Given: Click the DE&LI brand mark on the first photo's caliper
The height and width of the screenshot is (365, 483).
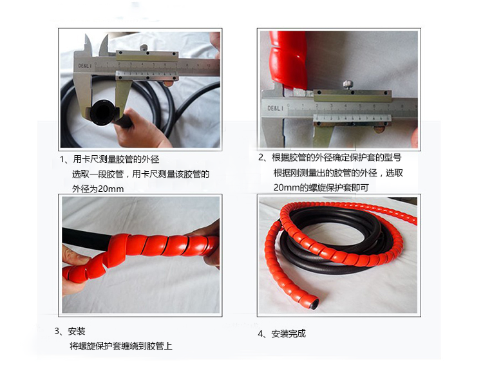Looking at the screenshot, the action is pos(85,66).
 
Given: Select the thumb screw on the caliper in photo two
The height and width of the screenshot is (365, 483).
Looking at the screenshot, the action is pos(348,84).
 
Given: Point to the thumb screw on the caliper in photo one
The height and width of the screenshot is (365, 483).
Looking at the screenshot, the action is pos(144,48).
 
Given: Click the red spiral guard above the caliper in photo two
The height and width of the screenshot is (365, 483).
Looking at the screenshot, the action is pos(289,59).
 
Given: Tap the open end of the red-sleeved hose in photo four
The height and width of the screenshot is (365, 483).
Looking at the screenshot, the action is pos(314,303).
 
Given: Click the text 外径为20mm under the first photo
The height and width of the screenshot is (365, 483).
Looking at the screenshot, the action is pos(98,189).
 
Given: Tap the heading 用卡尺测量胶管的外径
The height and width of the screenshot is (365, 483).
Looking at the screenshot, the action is pos(116,159).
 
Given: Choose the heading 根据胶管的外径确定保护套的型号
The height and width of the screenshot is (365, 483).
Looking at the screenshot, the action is pos(336,158).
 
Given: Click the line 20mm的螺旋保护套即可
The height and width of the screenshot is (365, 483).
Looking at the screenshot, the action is pos(321,187).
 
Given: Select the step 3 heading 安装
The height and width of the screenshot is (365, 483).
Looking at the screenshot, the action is pos(77,331).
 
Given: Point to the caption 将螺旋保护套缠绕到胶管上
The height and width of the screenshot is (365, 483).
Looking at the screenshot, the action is pos(121,346).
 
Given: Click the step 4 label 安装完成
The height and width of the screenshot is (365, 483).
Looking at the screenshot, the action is pos(289,333).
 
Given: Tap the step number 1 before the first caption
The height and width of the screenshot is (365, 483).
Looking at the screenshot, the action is pos(62,159).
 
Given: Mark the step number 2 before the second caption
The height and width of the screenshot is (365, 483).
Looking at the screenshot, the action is pos(261,158).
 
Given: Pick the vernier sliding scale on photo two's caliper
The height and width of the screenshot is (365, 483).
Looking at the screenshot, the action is pos(352,118).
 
